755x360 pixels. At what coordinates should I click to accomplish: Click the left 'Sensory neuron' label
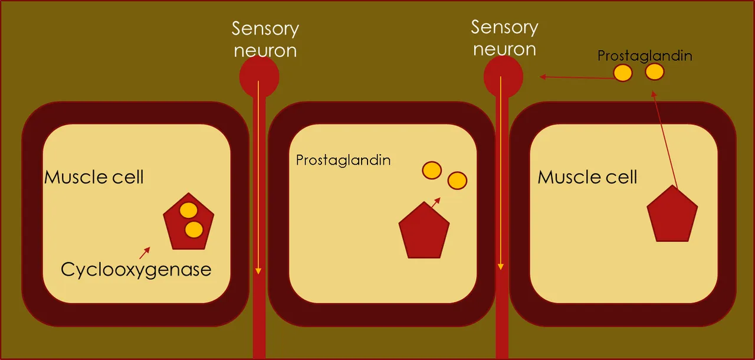point(265,40)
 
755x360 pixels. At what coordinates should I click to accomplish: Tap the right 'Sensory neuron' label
point(504,38)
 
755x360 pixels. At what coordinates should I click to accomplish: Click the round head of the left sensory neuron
point(259,77)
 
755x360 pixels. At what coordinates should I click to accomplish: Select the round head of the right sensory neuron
point(503,77)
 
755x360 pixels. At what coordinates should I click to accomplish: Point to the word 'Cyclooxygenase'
point(136,270)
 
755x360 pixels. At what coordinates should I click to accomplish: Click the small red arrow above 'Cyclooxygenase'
point(145,253)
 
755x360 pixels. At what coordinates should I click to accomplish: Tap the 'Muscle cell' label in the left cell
point(94,177)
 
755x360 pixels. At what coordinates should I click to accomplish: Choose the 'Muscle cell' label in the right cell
point(587,177)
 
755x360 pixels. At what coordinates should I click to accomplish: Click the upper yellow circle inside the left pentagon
point(188,210)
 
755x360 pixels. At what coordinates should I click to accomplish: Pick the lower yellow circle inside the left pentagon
point(194,230)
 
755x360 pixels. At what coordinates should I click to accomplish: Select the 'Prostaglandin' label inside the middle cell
point(343,160)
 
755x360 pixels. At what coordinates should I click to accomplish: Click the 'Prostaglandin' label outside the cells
point(645,56)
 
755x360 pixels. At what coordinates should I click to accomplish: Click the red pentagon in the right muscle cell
point(672,214)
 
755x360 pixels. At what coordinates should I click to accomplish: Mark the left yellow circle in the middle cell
point(432,170)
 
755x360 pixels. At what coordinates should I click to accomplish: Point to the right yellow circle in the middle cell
point(457,181)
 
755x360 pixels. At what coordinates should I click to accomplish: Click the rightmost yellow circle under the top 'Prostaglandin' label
point(655,72)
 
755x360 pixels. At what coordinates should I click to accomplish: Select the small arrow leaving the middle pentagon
point(435,203)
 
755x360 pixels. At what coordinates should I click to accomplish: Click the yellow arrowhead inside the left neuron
point(258,271)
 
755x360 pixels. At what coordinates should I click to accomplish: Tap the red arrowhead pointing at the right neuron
point(542,77)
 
